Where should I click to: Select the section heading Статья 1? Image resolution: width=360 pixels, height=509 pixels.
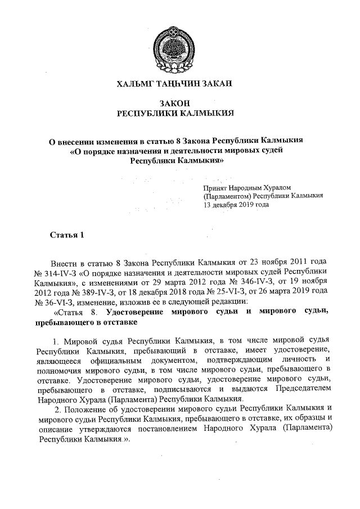pos(67,235)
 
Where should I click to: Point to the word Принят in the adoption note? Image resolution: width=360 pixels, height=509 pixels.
pos(214,187)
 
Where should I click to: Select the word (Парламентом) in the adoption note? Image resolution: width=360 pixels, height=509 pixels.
pos(227,196)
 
